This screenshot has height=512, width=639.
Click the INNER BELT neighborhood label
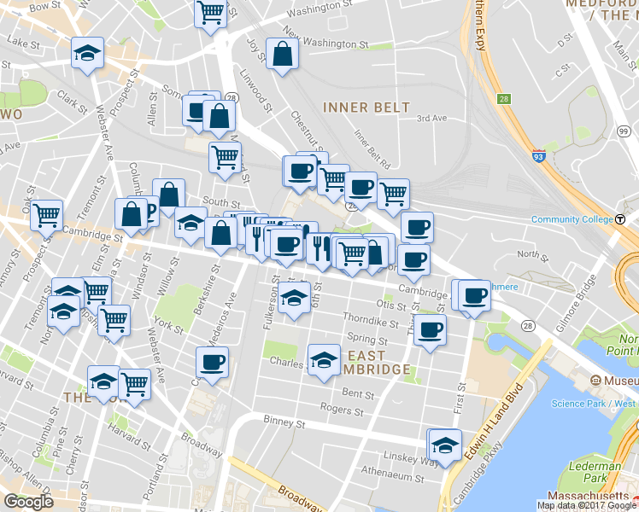click(366, 108)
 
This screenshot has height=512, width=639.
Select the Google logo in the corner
click(28, 502)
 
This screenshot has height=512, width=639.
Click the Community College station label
click(572, 219)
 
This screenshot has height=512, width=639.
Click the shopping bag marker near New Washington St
click(282, 55)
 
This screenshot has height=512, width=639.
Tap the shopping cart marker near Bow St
click(210, 14)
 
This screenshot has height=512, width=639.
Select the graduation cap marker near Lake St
click(87, 54)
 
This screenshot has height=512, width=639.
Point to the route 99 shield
click(624, 131)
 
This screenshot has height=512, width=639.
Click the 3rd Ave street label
click(431, 118)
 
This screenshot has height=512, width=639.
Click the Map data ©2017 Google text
click(586, 505)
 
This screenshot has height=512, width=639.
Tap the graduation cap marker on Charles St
click(324, 360)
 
